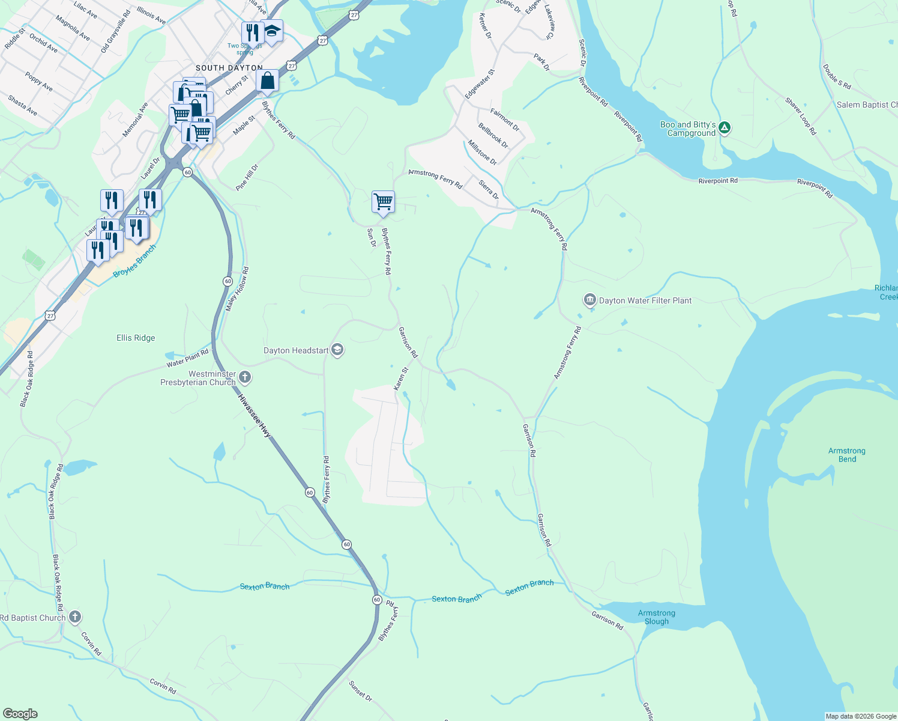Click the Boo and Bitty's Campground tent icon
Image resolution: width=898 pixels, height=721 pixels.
[x=725, y=127]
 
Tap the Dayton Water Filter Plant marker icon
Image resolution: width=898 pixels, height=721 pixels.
[x=589, y=300]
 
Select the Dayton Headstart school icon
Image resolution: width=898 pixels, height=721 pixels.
[x=337, y=350]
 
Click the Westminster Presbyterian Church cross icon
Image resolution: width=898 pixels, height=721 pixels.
[x=244, y=377]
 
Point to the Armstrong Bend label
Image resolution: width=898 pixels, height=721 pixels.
[x=847, y=455]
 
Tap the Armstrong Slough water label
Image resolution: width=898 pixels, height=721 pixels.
[x=656, y=617]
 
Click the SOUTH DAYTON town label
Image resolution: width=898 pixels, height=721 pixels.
[x=229, y=68]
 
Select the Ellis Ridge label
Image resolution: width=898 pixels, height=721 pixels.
[x=136, y=338]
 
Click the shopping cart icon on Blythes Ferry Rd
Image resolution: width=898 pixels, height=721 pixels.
[x=383, y=201]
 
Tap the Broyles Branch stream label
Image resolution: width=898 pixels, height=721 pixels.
[x=134, y=261]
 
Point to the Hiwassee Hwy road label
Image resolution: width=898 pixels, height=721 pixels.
[x=254, y=416]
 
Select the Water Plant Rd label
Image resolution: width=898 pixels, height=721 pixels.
[x=187, y=358]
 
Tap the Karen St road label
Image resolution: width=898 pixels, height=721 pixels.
[x=401, y=379]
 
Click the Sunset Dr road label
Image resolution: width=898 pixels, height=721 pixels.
[x=360, y=690]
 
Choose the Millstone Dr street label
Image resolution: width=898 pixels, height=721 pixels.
[x=483, y=153]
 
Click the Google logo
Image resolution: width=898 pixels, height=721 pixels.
[x=20, y=714]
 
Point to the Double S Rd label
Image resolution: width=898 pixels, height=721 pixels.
[x=837, y=77]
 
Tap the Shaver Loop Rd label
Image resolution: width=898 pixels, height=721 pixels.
[x=801, y=116]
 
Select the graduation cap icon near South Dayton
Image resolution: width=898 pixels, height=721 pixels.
[x=272, y=31]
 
